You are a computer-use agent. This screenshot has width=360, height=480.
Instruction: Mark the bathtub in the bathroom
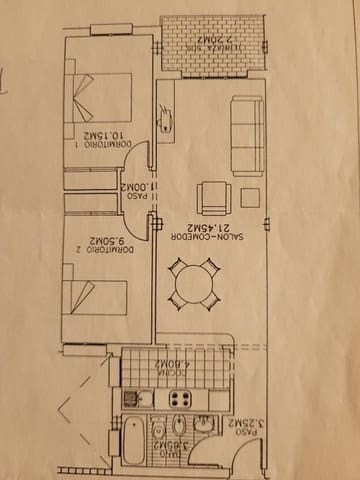133,446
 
